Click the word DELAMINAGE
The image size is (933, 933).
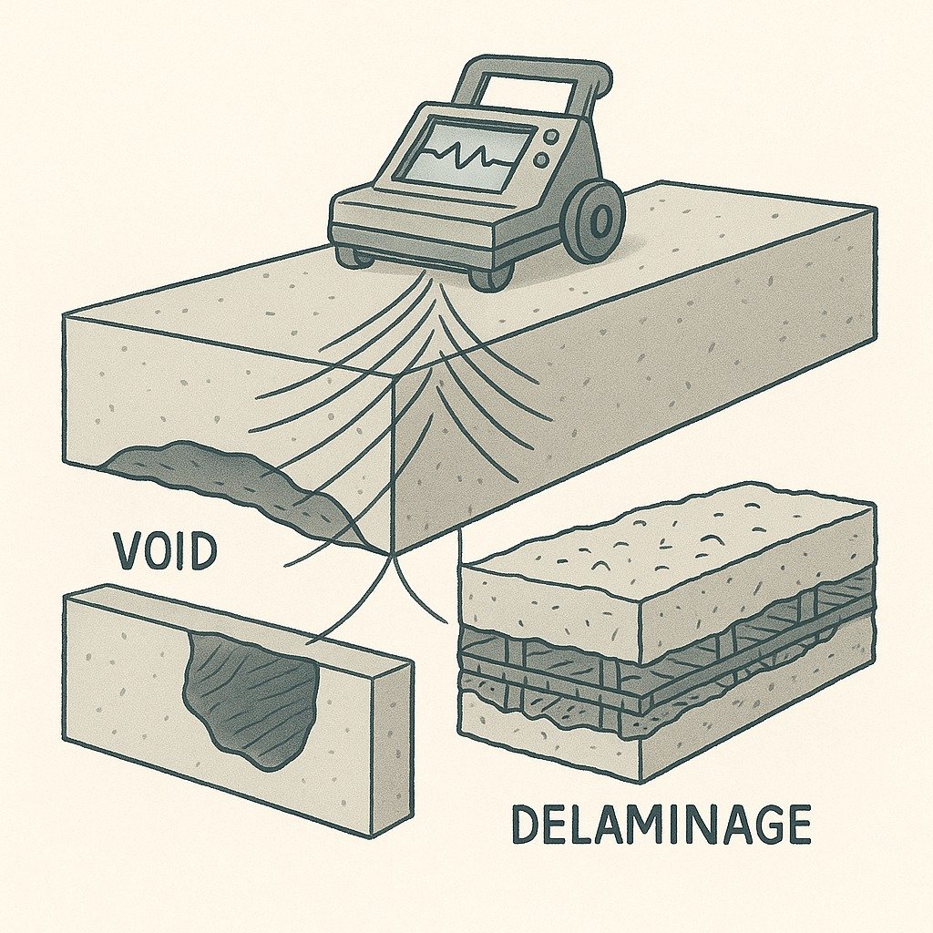click(660, 825)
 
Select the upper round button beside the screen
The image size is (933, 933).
click(549, 137)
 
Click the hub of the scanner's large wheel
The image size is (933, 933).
click(600, 220)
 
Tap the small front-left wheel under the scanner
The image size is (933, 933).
click(354, 256)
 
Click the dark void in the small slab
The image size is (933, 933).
click(251, 697)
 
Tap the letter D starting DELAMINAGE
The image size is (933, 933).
click(526, 825)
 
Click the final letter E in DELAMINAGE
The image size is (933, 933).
click(795, 825)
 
